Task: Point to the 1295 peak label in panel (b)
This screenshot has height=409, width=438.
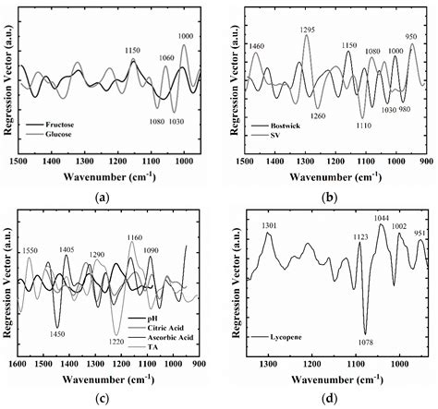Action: click(x=310, y=30)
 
